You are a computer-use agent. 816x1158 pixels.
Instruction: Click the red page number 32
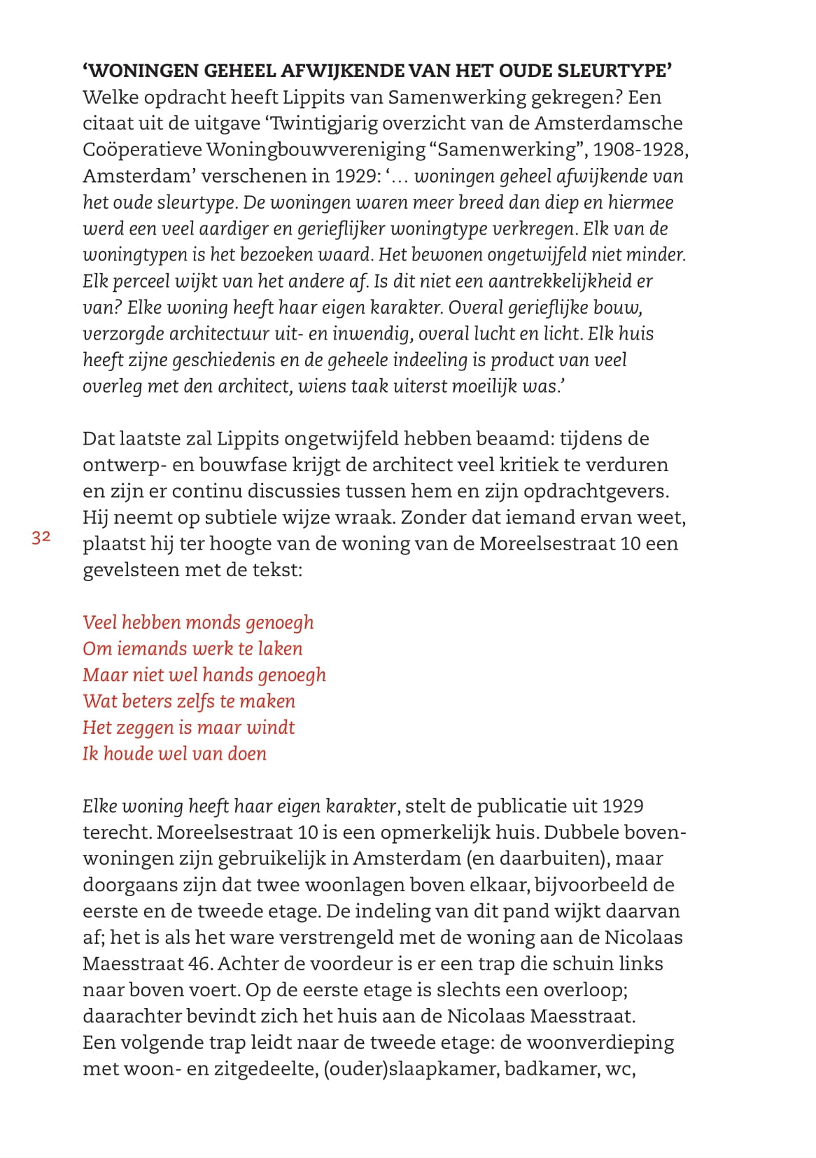click(41, 537)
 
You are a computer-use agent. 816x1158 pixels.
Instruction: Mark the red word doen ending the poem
click(247, 753)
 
